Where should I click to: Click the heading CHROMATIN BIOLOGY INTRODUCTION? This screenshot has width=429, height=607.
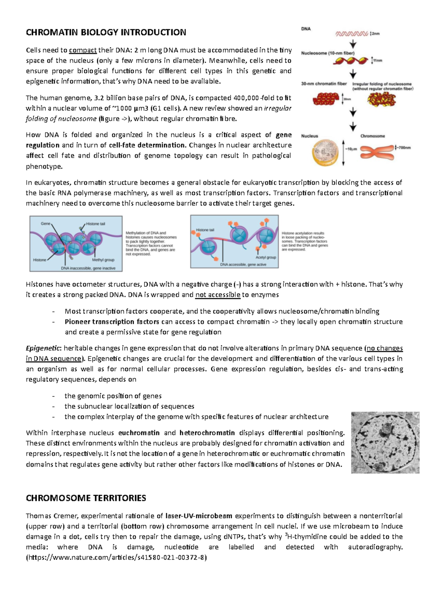coord(106,33)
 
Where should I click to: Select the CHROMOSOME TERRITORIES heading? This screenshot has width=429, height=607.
coord(86,498)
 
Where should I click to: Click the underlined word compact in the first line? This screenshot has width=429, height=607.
coord(83,50)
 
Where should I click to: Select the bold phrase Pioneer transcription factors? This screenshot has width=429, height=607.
coord(112,322)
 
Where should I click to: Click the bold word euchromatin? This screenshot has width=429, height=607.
coord(139,433)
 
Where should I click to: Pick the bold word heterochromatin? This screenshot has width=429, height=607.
coord(207,433)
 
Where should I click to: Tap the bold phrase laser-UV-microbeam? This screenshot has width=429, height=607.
coord(199,516)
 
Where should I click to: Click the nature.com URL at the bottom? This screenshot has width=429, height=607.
coord(116,558)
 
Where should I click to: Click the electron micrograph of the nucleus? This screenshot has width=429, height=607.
coord(385,443)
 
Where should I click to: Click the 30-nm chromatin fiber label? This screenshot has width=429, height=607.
coord(324,84)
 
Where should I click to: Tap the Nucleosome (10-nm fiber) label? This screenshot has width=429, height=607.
coord(328,53)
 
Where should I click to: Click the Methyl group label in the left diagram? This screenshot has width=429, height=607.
coord(103,260)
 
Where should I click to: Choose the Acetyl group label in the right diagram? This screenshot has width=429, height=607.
coord(266,257)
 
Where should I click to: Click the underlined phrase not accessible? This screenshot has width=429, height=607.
coord(218,295)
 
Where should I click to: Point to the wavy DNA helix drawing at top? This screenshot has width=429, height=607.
coord(351,34)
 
